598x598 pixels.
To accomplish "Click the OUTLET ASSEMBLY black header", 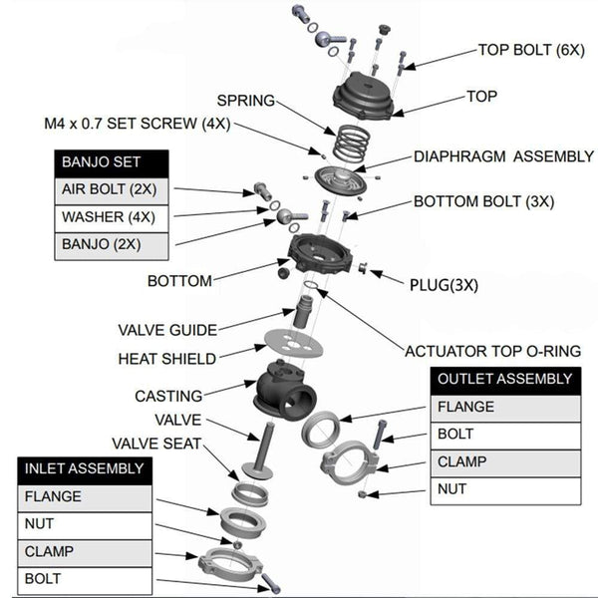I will (x=505, y=379).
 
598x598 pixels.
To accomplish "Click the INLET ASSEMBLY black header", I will (x=85, y=468).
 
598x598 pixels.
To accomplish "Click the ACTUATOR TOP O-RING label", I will (x=492, y=351).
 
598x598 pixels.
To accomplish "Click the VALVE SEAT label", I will (x=156, y=444).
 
